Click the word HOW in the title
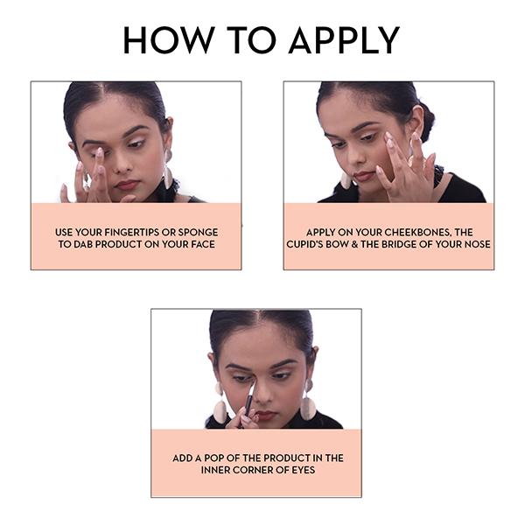169,40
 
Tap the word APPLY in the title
344,40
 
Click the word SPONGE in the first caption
198,232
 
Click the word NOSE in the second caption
478,244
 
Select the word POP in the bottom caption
213,458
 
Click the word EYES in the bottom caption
303,470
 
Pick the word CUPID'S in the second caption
304,244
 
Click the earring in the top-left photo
168,170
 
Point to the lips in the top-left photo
127,185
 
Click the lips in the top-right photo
363,176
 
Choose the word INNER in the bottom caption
215,470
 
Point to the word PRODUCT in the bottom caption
285,458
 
